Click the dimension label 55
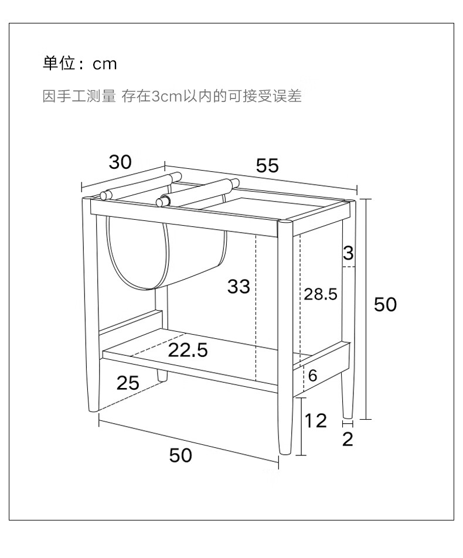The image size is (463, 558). tap(267, 166)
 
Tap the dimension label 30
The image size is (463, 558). tap(120, 162)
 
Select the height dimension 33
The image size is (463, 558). tap(239, 287)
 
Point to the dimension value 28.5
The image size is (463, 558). tap(321, 294)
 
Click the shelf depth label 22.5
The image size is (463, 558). tap(188, 351)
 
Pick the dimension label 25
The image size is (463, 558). tap(128, 383)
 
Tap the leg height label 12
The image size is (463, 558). tap(316, 420)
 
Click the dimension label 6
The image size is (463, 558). tap(312, 376)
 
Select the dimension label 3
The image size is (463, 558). tap(348, 253)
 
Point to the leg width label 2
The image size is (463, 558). tap(348, 439)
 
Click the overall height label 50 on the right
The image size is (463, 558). tap(385, 304)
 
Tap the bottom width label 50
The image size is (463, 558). tap(181, 455)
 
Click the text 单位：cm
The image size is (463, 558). tap(80, 63)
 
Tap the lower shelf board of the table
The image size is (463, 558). tap(193, 360)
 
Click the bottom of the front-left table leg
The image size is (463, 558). tap(93, 407)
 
